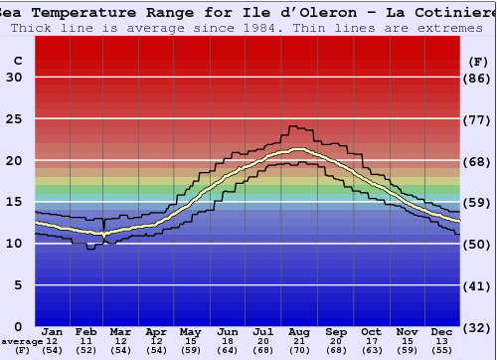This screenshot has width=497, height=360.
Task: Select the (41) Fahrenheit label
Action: coord(478,285)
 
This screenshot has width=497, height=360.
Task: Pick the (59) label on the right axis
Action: coord(478,203)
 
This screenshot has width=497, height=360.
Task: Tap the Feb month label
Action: coord(87,332)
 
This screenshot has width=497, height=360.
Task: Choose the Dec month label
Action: coord(442,332)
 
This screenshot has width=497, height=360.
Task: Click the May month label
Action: coord(190,332)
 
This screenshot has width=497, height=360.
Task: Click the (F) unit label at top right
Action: coord(478,61)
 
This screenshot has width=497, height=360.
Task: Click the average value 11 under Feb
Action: coord(87,342)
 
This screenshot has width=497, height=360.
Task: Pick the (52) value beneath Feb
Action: coord(87,351)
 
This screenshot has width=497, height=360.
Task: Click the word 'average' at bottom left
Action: coord(22,342)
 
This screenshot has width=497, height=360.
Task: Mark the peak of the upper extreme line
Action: coord(293,126)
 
